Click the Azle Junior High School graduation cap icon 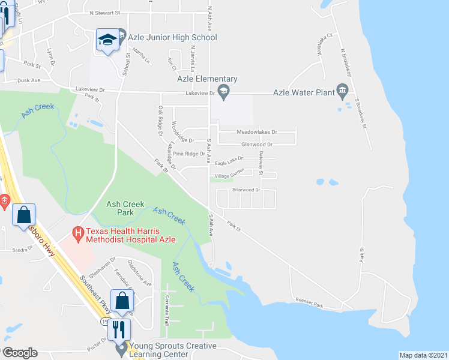(107, 41)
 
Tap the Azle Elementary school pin (223, 92)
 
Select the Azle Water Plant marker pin (343, 92)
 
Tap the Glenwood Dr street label (257, 145)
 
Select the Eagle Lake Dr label (228, 160)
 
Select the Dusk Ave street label (29, 80)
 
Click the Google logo (20, 352)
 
